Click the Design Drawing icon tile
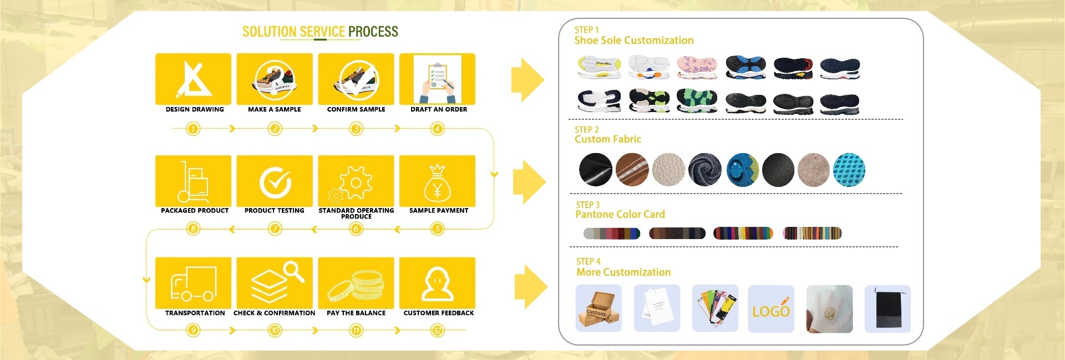click(193, 79)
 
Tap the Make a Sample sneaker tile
click(275, 79)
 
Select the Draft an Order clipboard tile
click(438, 79)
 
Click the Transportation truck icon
click(193, 283)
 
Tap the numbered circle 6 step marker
click(356, 229)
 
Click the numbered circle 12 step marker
click(438, 331)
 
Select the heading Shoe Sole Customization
click(633, 40)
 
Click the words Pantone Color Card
click(620, 215)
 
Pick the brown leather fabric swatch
click(632, 169)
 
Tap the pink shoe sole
click(697, 67)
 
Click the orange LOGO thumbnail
click(771, 309)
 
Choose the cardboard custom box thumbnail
click(599, 309)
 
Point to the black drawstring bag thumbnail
click(887, 309)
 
